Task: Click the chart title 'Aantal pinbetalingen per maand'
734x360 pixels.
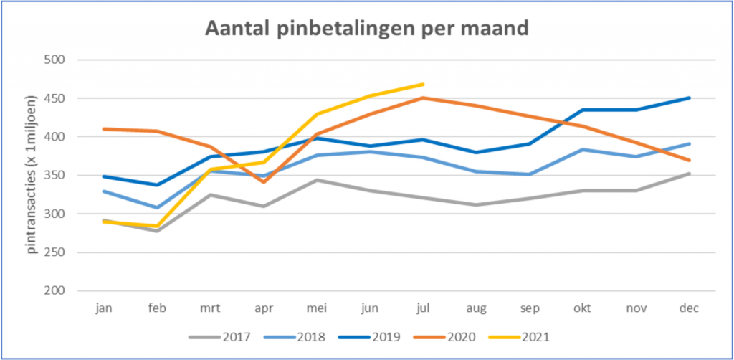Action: (x=366, y=29)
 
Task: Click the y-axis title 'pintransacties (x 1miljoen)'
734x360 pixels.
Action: (x=31, y=176)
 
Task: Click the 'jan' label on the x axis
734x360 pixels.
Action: (x=104, y=308)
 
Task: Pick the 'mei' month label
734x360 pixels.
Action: (x=316, y=308)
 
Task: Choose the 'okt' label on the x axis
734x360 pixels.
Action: (x=583, y=308)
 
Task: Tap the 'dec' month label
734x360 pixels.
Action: (x=689, y=308)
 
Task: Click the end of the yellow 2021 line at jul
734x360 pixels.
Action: (x=423, y=85)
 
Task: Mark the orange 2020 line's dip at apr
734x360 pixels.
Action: (x=264, y=181)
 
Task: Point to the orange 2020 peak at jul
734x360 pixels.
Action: (x=423, y=98)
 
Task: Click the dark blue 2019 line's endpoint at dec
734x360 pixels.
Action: (x=689, y=98)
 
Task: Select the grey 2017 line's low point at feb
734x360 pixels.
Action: (x=157, y=231)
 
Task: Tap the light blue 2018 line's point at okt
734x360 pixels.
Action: (x=583, y=150)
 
